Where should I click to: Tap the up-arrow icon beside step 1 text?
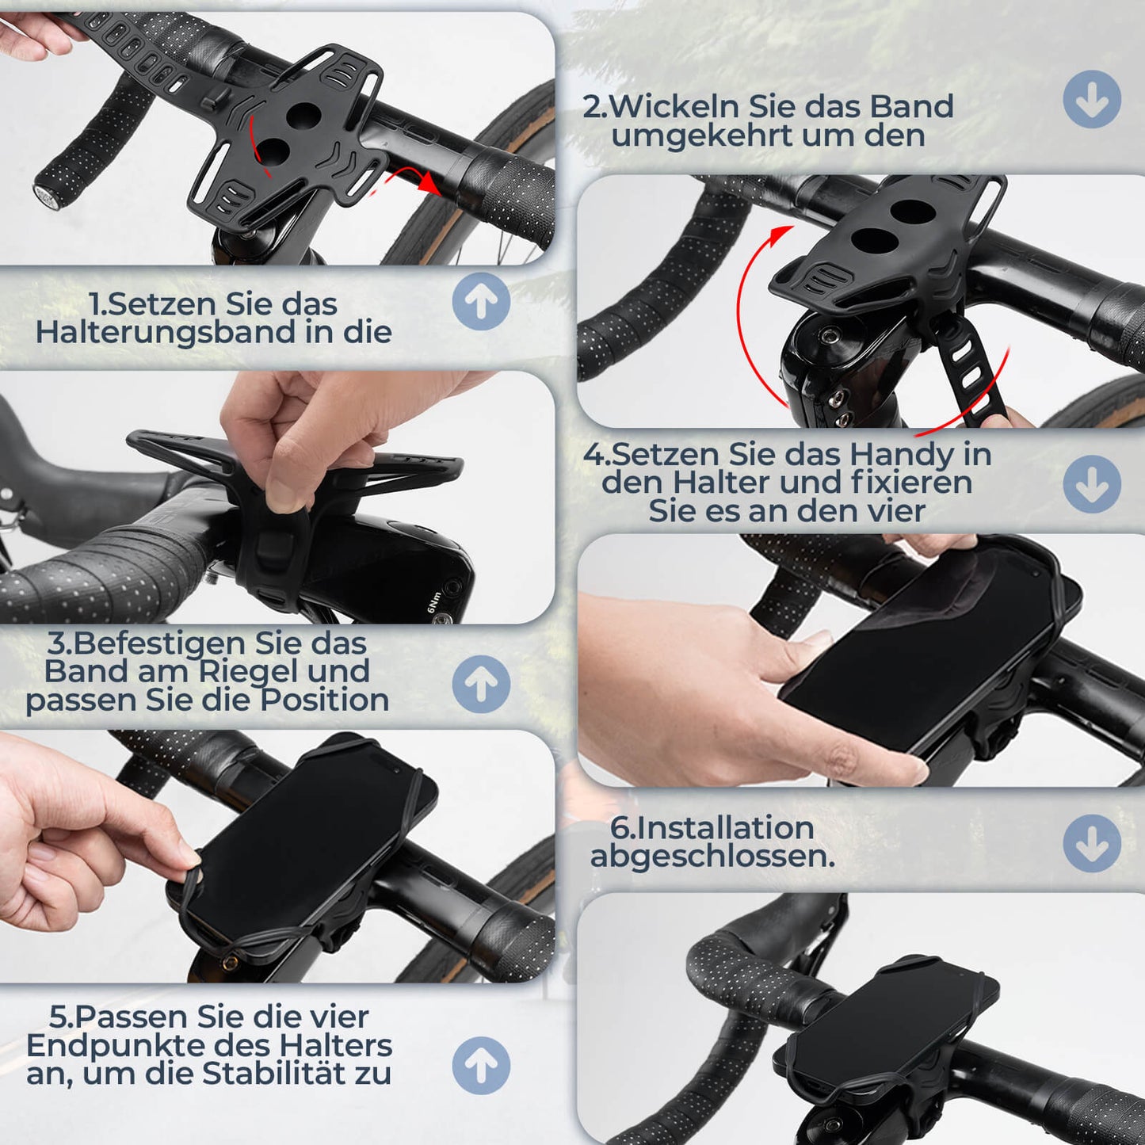481,302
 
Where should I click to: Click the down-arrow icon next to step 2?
1092,99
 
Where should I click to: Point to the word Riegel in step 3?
249,671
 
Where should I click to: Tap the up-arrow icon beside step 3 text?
481,684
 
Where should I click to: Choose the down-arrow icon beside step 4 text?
1092,483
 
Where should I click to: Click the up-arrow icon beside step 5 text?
481,1066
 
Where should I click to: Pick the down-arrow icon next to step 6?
1092,844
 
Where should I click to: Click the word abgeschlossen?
712,856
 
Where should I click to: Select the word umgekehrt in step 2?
701,135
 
